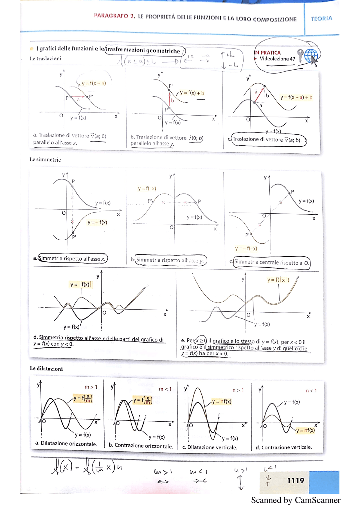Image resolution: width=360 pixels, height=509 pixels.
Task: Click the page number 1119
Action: tap(295, 481)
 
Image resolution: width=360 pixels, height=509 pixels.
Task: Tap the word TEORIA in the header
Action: tap(321, 19)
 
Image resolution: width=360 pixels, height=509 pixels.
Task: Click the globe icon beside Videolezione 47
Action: tap(310, 55)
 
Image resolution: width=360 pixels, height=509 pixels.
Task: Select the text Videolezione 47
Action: tap(277, 59)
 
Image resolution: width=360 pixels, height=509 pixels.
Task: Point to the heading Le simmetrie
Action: tap(45, 160)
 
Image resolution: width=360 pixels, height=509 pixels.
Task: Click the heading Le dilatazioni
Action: tap(46, 369)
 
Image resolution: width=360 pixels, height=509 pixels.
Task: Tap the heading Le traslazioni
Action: tap(46, 58)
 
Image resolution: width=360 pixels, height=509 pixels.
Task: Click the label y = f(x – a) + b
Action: tap(296, 98)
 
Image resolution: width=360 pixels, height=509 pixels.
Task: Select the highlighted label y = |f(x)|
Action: tap(81, 284)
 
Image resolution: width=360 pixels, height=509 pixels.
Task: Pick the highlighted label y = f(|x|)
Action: tap(278, 280)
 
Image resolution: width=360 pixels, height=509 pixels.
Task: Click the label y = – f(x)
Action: tap(97, 223)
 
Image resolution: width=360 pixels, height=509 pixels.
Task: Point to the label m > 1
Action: tap(91, 387)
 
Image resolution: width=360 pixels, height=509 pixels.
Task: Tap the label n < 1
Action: tap(311, 391)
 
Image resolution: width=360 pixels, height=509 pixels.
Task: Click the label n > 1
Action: tap(238, 390)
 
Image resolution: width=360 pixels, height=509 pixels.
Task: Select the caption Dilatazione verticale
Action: tap(212, 447)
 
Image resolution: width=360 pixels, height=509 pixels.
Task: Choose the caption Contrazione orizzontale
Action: tap(143, 445)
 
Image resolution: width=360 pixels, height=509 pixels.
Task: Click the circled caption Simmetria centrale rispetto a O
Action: tap(271, 263)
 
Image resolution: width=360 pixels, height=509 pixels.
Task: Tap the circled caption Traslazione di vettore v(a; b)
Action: tap(267, 140)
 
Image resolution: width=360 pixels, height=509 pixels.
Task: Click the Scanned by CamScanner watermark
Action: tap(296, 500)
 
